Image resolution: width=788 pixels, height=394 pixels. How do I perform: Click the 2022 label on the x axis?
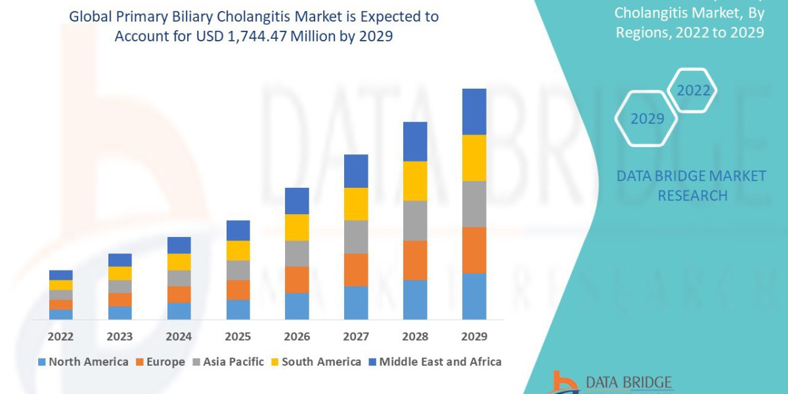pos(60,337)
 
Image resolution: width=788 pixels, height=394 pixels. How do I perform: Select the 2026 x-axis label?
pos(297,337)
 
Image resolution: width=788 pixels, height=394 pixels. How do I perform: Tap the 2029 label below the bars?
pos(474,337)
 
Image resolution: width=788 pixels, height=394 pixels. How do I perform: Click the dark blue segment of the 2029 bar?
pos(474,112)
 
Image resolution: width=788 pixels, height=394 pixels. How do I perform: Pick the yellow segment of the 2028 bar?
pos(415,181)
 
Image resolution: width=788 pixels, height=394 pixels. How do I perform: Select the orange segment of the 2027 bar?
pos(356,269)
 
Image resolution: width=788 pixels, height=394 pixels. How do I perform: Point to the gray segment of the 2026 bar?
pos(297,253)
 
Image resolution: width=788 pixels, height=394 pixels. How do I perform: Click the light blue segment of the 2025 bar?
pos(238,309)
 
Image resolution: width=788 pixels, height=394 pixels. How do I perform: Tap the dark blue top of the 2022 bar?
pos(60,274)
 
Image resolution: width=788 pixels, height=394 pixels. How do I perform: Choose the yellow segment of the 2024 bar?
pos(179,261)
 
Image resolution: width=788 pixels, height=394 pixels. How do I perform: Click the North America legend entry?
pos(83,362)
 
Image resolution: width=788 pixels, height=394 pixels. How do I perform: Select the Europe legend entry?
pos(161,362)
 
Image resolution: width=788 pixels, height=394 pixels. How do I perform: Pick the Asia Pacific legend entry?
pos(228,362)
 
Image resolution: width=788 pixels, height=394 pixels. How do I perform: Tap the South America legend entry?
pos(316,362)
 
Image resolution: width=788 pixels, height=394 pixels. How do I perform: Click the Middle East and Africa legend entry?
pos(434,362)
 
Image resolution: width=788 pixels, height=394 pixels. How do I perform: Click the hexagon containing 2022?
pos(693,91)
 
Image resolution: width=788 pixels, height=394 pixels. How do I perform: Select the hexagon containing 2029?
pos(647,119)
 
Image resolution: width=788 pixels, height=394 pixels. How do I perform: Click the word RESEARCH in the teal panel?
pos(692,196)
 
